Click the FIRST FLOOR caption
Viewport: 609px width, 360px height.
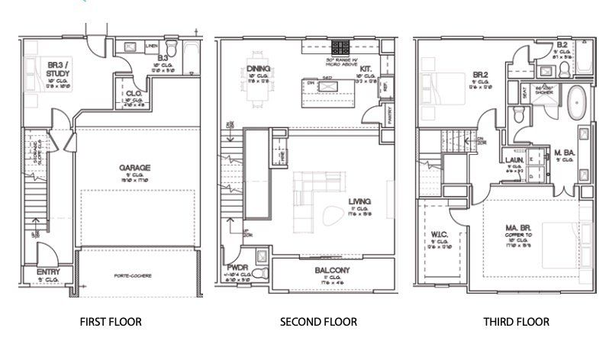[x=111, y=322]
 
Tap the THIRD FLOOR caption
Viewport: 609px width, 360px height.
[x=516, y=322]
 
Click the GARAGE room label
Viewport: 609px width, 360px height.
[x=134, y=167]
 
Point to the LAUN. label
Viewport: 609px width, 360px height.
[x=512, y=160]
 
